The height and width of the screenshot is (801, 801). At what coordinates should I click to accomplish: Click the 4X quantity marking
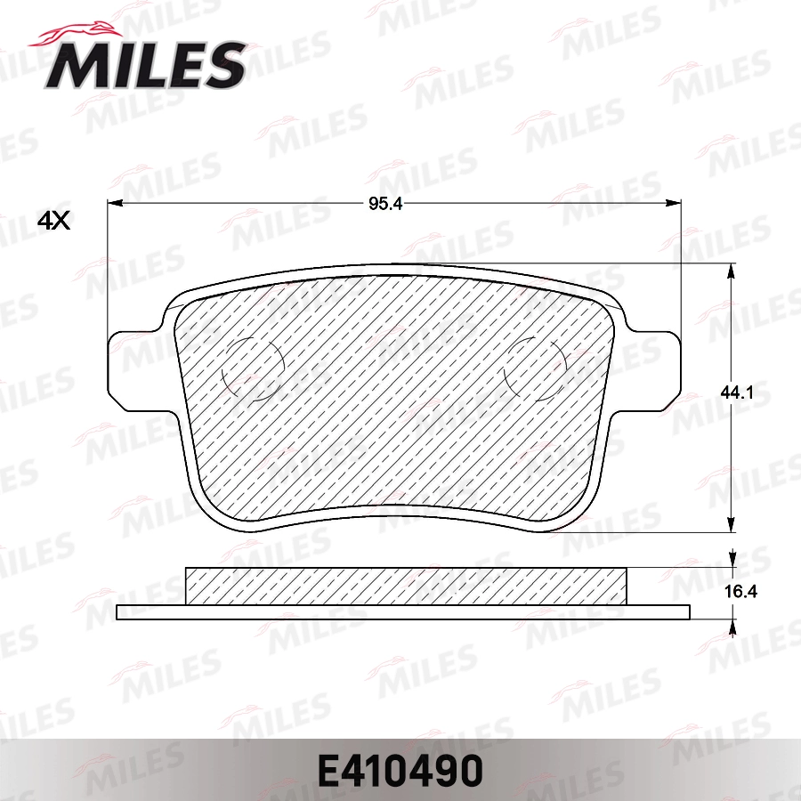53,221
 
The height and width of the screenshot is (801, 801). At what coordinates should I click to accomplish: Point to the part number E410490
400,767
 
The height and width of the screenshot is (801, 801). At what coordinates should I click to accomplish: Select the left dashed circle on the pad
251,369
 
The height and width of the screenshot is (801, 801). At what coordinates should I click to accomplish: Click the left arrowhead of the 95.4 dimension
114,204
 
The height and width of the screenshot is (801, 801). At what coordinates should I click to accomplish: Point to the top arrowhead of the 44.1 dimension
731,270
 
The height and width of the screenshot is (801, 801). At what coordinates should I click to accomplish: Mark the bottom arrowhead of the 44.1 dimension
731,524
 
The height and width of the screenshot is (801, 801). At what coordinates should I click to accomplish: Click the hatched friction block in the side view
405,586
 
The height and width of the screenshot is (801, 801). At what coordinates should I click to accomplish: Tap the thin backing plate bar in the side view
403,612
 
